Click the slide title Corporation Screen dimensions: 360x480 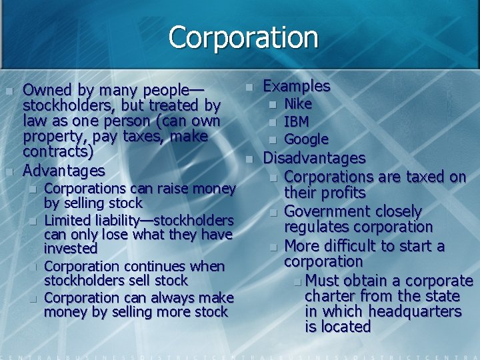pos(243,37)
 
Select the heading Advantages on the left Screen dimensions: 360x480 pos(64,171)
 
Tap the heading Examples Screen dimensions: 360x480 pos(297,86)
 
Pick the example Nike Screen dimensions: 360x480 pos(298,104)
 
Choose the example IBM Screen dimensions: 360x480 pos(296,122)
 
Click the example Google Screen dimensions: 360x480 pos(307,139)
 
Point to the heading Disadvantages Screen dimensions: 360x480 pos(315,158)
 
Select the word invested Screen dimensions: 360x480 pos(71,249)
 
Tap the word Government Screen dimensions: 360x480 pos(324,211)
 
